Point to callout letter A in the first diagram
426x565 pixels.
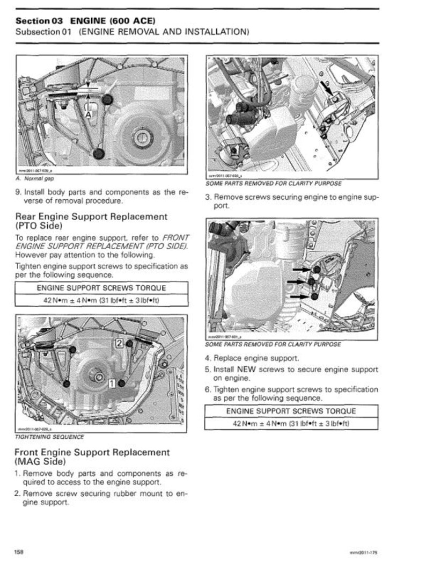87,115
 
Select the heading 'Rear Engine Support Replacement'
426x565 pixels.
91,216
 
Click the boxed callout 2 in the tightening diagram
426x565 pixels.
120,343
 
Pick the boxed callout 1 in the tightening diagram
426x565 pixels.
111,383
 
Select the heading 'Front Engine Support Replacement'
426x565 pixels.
92,452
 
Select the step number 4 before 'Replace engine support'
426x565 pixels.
208,358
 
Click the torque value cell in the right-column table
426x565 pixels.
291,423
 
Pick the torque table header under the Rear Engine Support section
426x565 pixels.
101,288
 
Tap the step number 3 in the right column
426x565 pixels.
208,197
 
